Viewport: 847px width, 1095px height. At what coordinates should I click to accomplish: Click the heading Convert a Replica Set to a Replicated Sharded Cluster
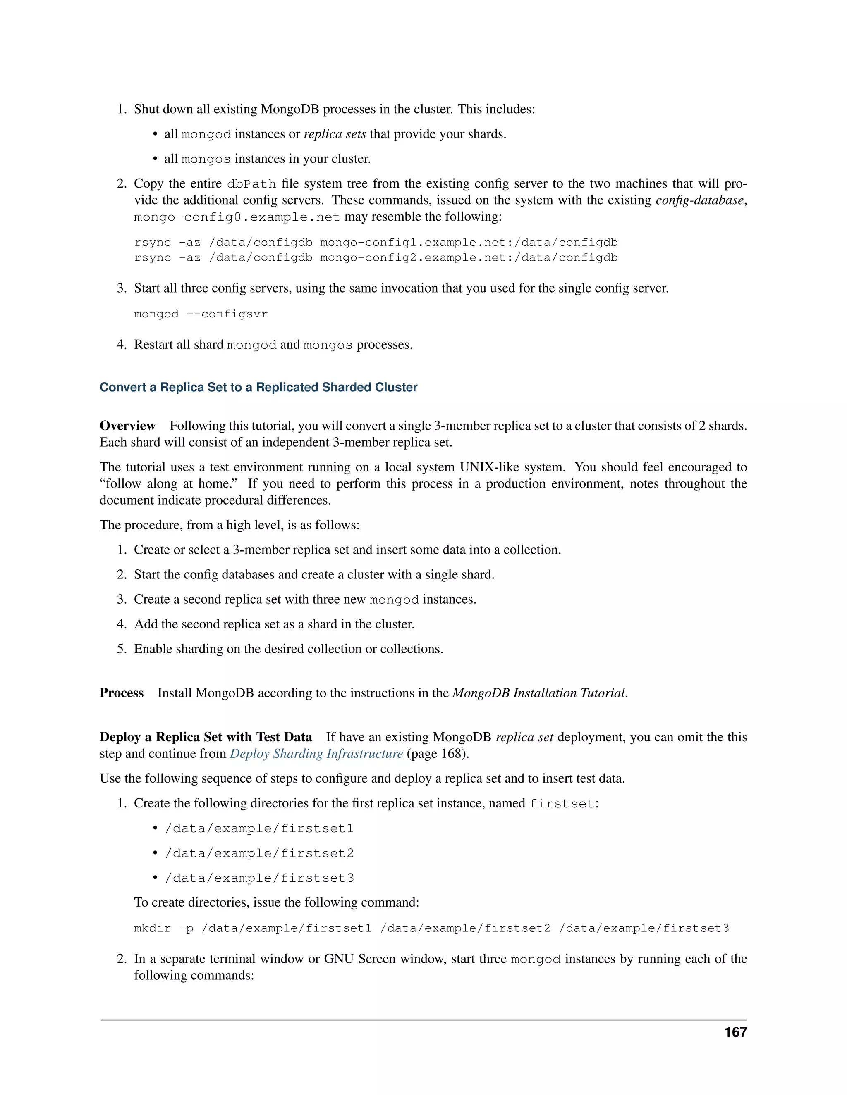(x=258, y=387)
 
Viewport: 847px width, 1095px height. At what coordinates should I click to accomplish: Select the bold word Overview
(x=127, y=426)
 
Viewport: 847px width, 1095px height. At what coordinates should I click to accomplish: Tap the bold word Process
(x=122, y=693)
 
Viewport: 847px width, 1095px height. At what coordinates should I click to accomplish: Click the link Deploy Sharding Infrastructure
(x=316, y=754)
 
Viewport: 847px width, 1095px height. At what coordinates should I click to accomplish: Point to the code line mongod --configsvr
(x=201, y=314)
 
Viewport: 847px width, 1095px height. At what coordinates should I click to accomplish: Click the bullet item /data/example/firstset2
(x=259, y=853)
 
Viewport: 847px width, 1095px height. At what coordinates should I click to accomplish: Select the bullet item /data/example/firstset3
(x=259, y=878)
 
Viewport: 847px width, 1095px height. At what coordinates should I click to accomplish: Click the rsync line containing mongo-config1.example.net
(x=376, y=243)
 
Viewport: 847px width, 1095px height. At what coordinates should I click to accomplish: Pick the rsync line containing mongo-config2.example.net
(x=376, y=258)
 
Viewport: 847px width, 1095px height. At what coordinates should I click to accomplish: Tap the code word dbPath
(x=251, y=184)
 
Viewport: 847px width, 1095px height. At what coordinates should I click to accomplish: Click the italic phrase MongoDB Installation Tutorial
(x=539, y=693)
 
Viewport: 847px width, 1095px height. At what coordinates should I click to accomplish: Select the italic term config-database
(x=699, y=200)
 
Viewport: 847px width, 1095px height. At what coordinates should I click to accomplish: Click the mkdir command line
(x=431, y=928)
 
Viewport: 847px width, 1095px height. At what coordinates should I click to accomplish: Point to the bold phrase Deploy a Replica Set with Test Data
(x=206, y=737)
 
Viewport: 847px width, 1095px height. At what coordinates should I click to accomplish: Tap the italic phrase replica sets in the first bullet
(x=335, y=134)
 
